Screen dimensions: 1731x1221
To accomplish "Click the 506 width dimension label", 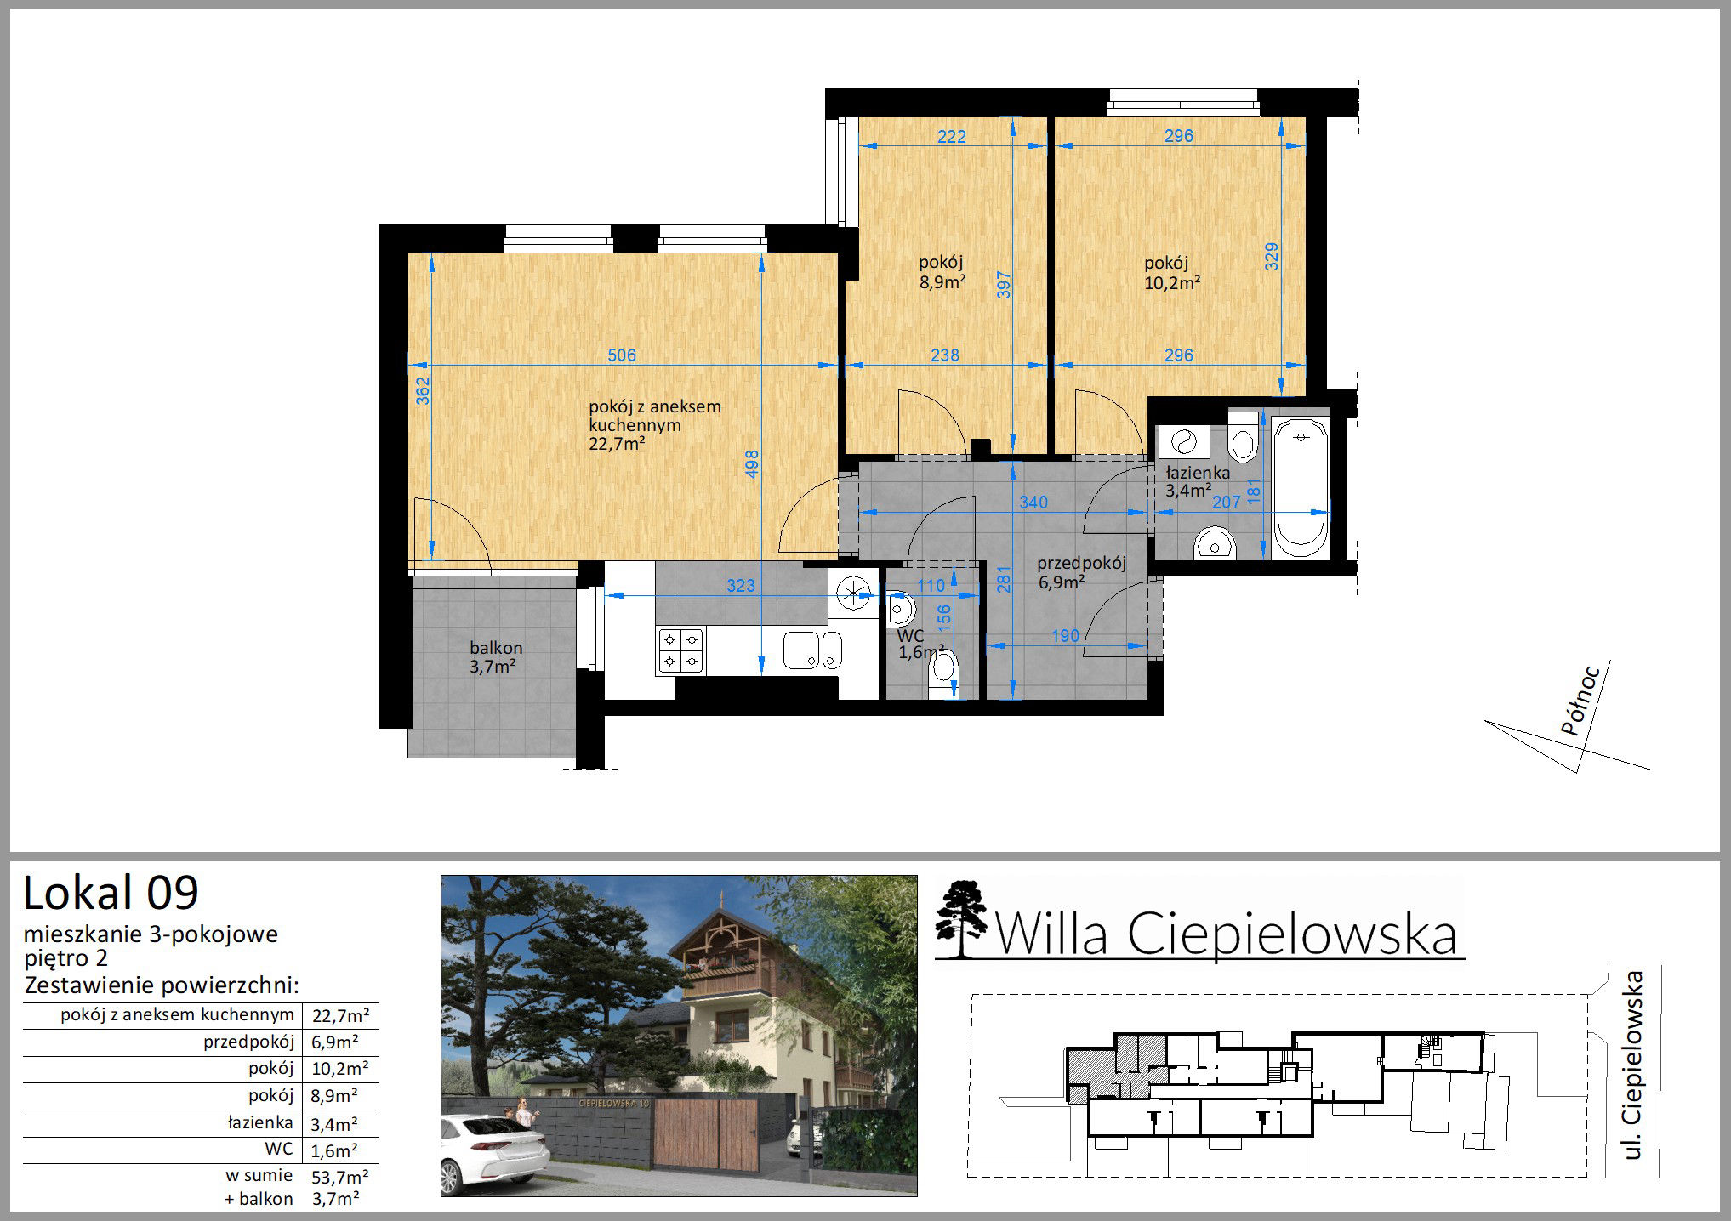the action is click(622, 355).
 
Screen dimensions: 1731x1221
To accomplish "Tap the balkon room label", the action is click(496, 648).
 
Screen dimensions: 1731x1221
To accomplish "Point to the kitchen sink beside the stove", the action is click(811, 650).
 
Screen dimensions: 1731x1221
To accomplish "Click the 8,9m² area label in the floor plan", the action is click(942, 282).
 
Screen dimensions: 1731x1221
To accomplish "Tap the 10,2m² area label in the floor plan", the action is click(1172, 282).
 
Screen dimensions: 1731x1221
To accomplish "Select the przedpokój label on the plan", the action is click(1081, 563).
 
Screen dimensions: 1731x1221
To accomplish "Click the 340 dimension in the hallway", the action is click(1033, 503).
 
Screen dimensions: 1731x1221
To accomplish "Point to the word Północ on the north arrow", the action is click(1583, 700).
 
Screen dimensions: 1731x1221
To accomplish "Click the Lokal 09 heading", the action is click(111, 893).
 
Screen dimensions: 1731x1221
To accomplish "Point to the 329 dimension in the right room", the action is click(1272, 257).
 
